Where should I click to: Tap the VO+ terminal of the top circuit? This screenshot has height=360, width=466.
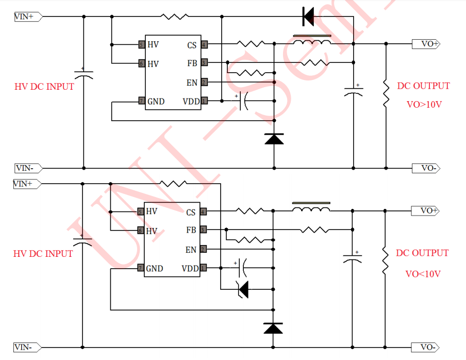pos(426,44)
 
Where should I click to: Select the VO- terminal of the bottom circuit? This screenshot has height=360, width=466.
pos(426,347)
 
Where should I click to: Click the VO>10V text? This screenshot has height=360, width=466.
pos(424,104)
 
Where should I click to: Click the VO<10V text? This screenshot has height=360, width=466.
pos(423,274)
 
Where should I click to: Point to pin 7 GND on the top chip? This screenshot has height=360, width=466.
pos(141,101)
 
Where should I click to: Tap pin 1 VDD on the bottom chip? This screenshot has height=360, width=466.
pos(203,268)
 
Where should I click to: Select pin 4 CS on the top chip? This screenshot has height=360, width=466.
pos(204,45)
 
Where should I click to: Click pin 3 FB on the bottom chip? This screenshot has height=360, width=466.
pos(203,230)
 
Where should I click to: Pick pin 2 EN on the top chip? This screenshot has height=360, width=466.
pos(204,82)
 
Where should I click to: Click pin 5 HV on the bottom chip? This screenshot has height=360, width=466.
pos(140,211)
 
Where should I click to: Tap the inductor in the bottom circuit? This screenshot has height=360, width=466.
pos(311,208)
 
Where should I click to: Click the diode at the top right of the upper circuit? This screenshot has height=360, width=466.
pos(308,17)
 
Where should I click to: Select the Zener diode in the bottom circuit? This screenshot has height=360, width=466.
pos(243,289)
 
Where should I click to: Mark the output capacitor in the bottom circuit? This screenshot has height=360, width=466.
pos(353,258)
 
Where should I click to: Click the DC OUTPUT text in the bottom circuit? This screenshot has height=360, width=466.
pos(422,253)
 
